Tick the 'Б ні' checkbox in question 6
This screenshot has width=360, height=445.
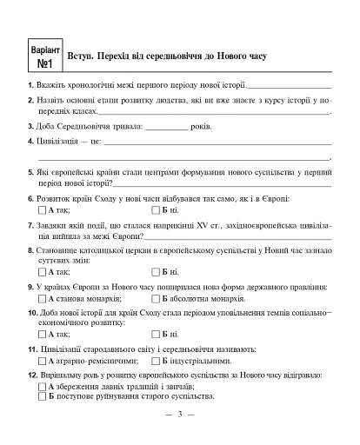click(157, 211)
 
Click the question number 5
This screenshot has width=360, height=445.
click(30, 173)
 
